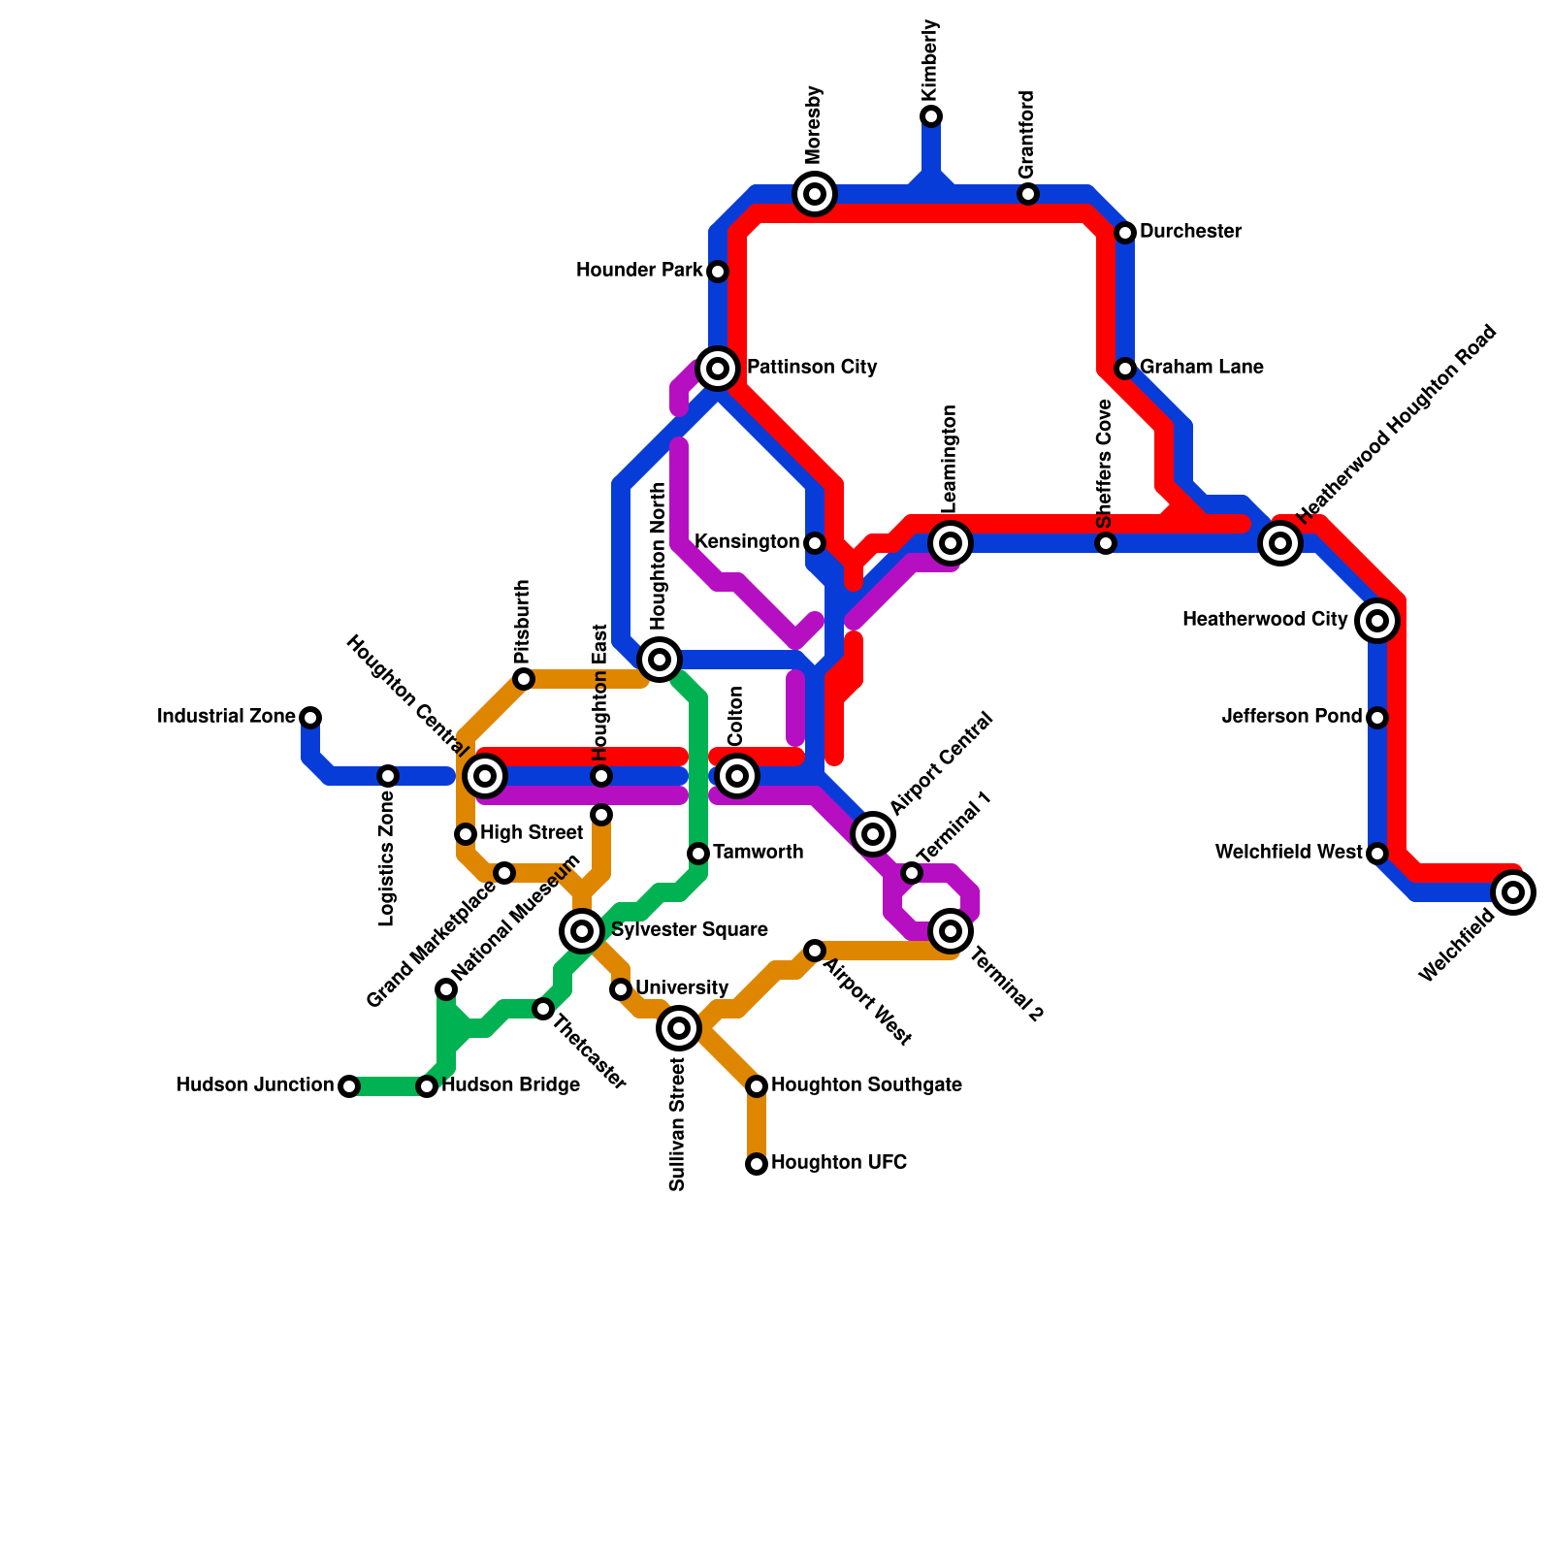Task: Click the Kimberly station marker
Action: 931,116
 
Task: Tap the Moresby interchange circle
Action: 815,194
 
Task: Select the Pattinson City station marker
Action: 718,369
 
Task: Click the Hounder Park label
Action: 638,271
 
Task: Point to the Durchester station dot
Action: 1125,233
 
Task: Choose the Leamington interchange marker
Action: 951,543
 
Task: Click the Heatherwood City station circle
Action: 1377,621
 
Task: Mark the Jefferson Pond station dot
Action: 1377,718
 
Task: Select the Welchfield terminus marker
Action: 1513,892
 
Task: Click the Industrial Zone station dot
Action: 310,718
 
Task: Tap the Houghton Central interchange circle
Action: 485,776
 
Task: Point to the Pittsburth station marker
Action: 524,679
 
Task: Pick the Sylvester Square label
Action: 690,930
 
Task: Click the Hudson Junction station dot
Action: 349,1086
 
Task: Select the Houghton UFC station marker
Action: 757,1164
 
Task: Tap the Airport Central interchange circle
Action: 873,834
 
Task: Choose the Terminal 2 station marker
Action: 951,931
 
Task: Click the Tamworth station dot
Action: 698,854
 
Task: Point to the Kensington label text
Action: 747,542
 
